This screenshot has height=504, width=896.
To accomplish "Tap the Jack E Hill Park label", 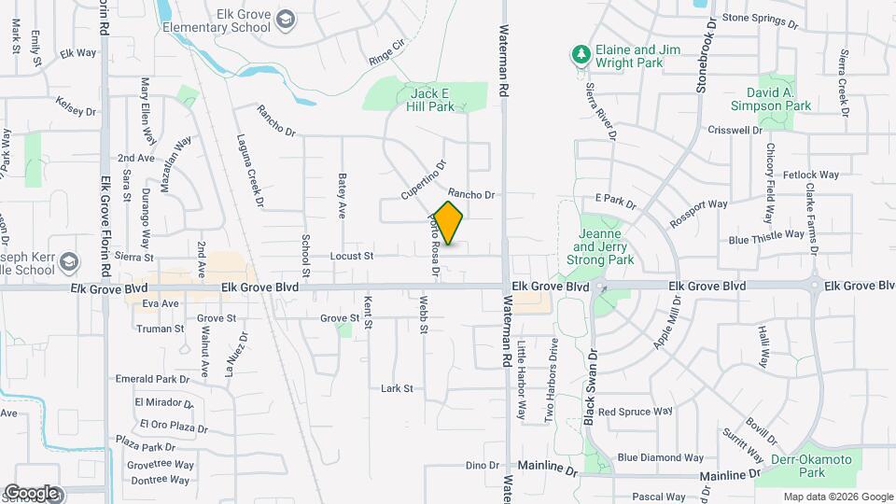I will (429, 100).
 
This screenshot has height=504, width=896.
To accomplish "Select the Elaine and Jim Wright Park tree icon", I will (581, 55).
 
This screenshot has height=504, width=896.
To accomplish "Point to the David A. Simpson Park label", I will (778, 100).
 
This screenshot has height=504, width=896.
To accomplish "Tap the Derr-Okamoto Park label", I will (799, 466).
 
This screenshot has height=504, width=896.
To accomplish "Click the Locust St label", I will (352, 255).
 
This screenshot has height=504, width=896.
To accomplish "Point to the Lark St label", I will (397, 388).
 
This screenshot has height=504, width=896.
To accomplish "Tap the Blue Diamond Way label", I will (660, 457).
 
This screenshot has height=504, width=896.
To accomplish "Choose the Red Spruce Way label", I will (635, 411).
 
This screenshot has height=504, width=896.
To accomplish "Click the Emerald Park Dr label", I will (152, 379).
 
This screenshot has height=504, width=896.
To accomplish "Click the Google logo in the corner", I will (31, 492).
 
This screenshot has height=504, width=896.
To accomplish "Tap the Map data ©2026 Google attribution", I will (837, 497).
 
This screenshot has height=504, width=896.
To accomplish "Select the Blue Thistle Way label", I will (766, 239).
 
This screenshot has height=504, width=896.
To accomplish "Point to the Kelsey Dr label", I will (76, 106).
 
